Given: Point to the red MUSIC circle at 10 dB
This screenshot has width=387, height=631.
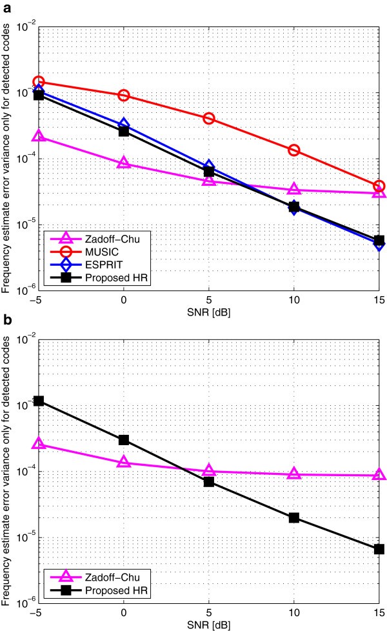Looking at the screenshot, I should click(x=294, y=150).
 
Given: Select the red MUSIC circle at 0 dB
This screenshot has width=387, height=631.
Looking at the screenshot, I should click(x=124, y=95).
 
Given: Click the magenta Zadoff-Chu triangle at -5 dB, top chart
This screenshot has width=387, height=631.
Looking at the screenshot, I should click(x=39, y=136).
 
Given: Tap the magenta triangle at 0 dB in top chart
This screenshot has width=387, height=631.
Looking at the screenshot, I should click(x=124, y=163).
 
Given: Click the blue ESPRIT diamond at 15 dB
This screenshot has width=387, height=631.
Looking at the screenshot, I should click(x=379, y=244).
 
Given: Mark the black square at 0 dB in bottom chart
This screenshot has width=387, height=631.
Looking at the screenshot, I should click(x=124, y=440).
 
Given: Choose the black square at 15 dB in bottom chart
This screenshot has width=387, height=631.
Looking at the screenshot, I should click(x=379, y=549).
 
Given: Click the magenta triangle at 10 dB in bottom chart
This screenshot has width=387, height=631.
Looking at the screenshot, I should click(x=294, y=474).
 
